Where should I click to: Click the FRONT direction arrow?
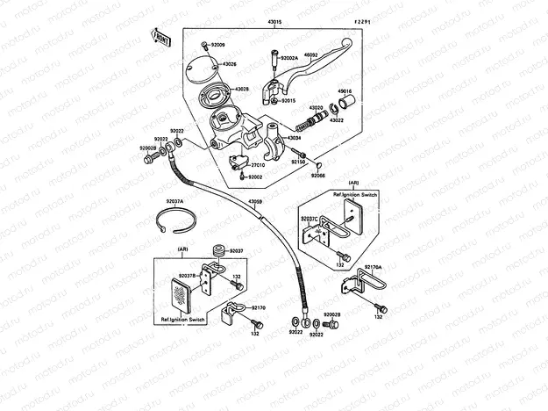tap(162, 36)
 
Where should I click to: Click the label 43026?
tap(229, 64)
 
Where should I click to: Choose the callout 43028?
tap(242, 89)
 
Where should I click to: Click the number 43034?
tap(295, 138)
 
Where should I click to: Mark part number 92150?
tap(299, 162)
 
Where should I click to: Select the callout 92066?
tap(317, 175)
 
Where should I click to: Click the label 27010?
tap(259, 164)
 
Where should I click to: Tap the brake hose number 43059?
tap(255, 203)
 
